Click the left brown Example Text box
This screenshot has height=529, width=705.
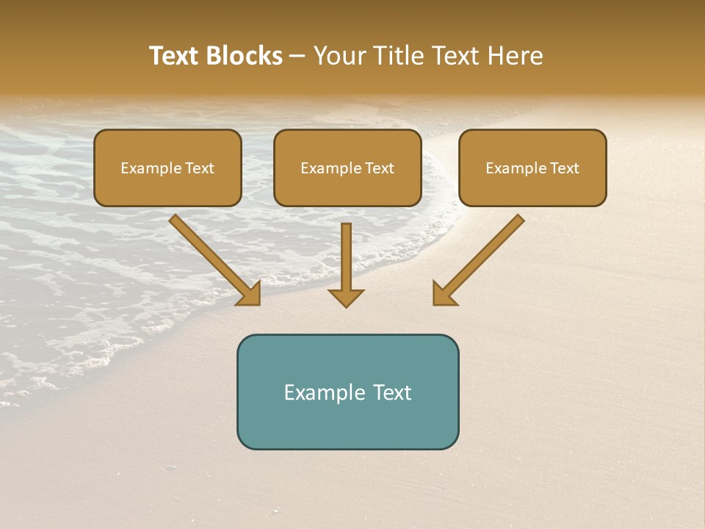167,168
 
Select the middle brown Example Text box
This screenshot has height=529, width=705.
347,168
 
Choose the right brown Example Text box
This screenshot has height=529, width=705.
532,168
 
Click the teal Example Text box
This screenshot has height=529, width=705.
347,392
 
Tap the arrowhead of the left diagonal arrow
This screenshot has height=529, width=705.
250,294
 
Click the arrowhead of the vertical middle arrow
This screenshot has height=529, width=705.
346,297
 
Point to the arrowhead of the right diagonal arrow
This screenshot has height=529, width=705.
444,294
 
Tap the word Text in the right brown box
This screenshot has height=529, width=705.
565,168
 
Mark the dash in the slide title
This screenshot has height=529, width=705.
297,57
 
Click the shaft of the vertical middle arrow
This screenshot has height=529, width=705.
346,253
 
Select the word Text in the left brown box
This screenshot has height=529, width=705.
200,168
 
